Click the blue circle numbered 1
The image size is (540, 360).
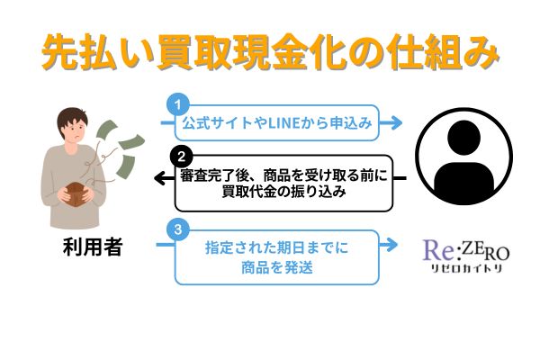pos(177,104)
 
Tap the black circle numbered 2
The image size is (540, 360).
pos(182,157)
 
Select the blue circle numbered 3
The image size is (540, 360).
pos(177,229)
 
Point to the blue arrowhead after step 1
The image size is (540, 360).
pos(396,122)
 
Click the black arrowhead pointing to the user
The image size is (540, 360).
pos(160,178)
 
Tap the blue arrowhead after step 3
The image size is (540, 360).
pos(391,245)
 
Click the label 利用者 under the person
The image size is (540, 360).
pos(93,247)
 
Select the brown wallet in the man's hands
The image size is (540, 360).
pos(76,195)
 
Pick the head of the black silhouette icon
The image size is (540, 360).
pos(463,137)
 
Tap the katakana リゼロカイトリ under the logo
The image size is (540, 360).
pos(466,268)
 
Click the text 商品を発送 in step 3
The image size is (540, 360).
pos(277,267)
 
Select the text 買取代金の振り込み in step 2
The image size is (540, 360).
pos(283,192)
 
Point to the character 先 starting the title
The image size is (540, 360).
pos(60,51)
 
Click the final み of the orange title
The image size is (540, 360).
pos(479,51)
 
